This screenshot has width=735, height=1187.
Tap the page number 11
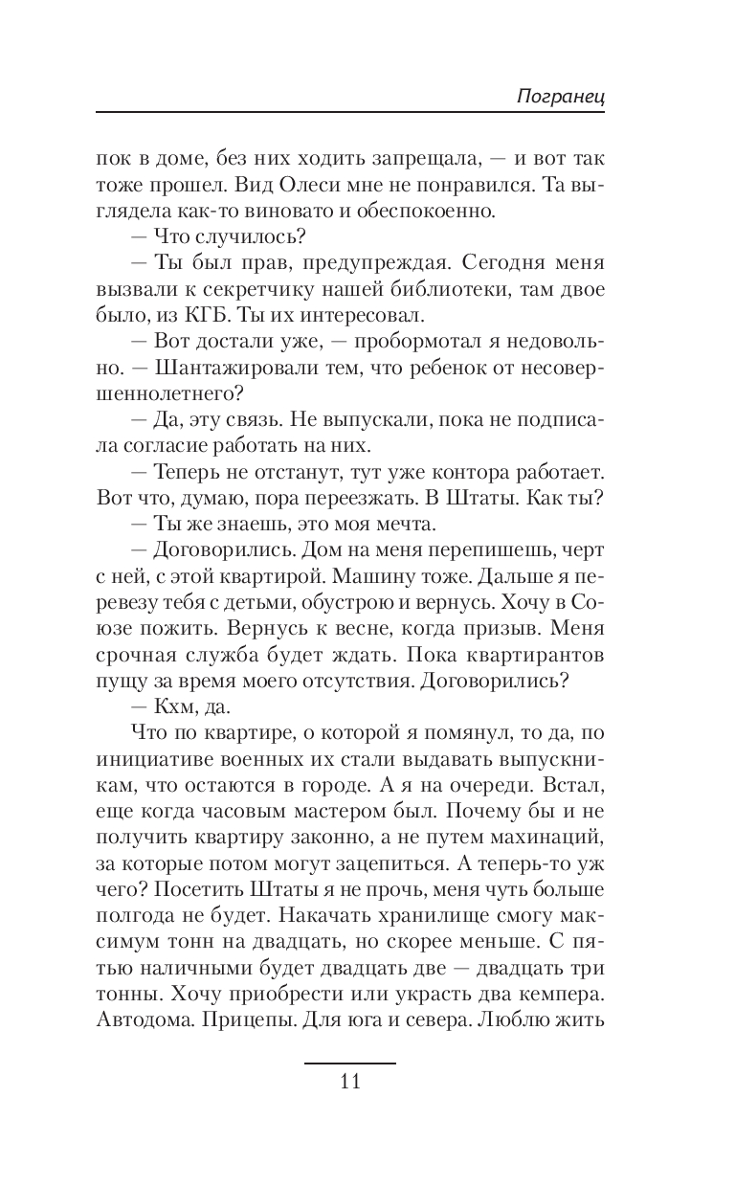pos(349,1082)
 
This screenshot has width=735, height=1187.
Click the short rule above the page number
pos(349,1063)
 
